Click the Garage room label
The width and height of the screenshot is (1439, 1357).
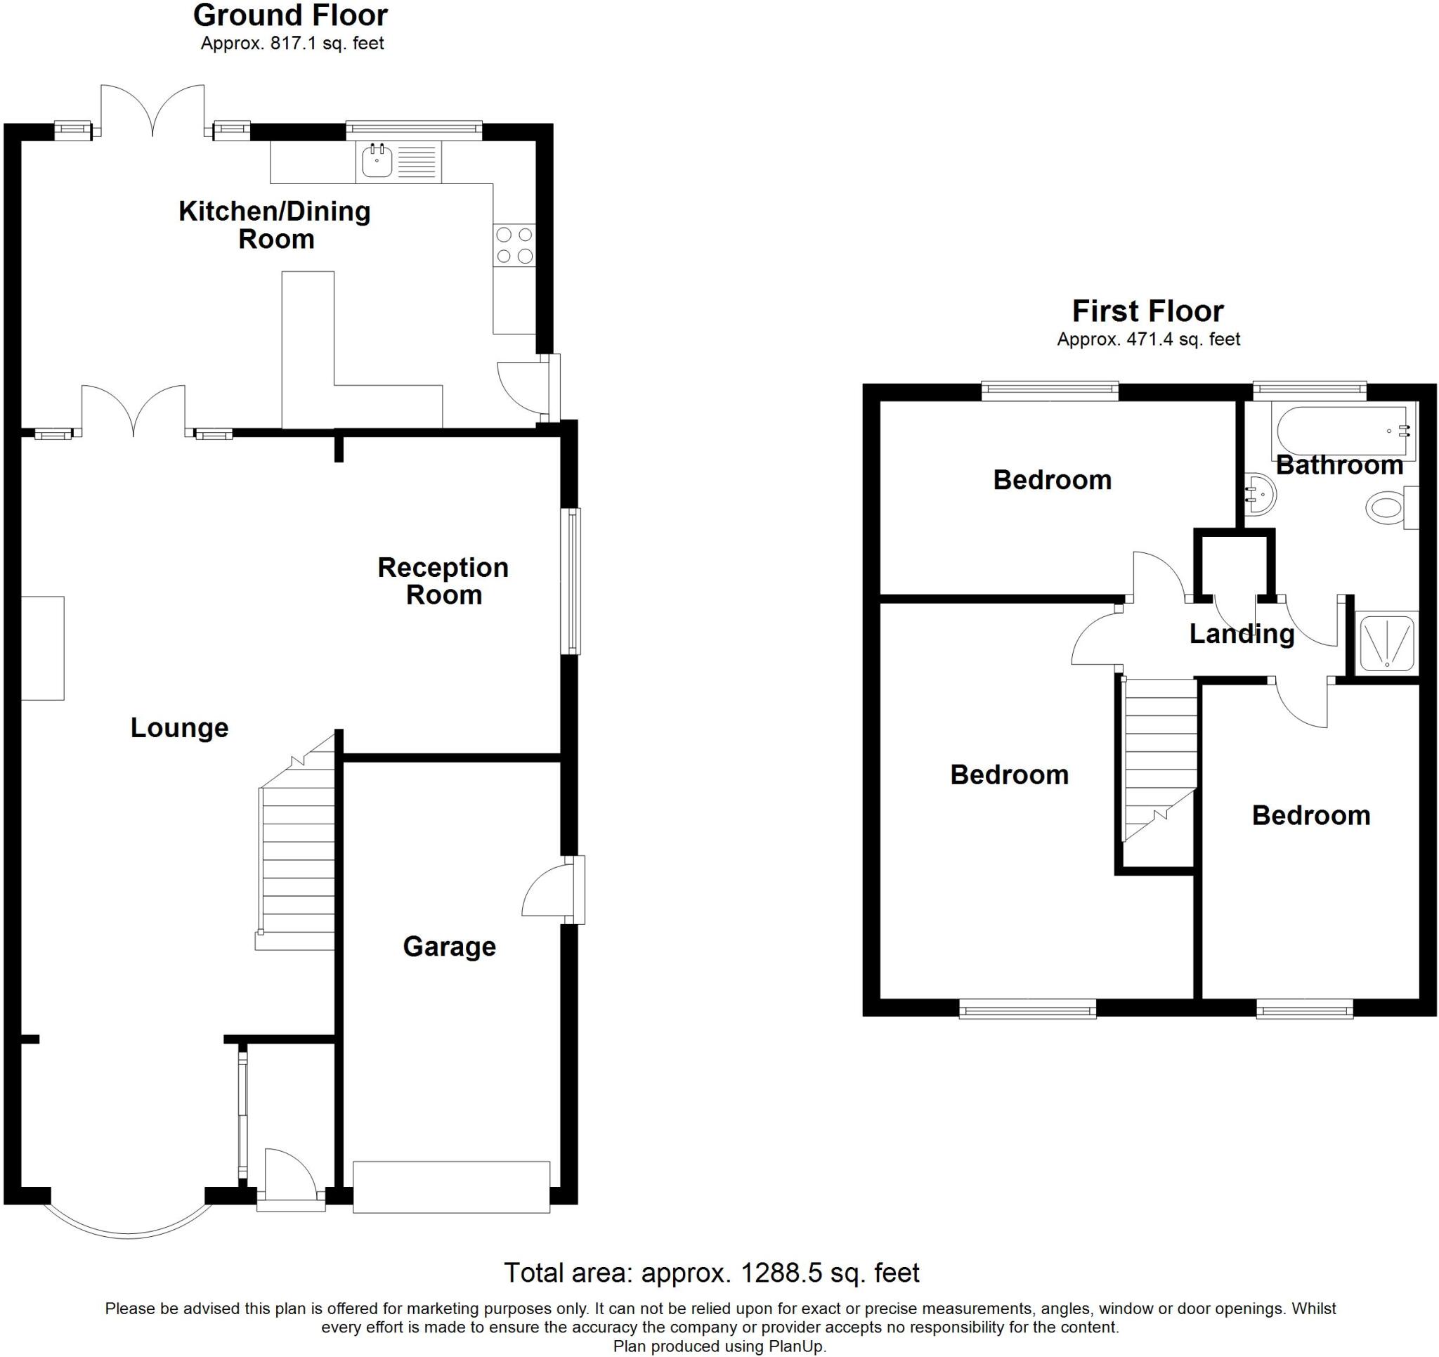point(449,947)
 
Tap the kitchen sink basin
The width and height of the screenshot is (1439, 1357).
point(377,161)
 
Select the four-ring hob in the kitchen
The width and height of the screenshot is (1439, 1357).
point(514,245)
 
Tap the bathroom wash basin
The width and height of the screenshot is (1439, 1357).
point(1261,494)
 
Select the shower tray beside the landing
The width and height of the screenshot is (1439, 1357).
point(1386,642)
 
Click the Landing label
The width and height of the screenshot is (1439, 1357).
point(1242,634)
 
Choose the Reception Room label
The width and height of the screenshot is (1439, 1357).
point(443,580)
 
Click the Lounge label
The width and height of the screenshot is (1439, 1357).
point(179,728)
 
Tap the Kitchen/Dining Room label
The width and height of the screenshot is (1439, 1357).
point(274,224)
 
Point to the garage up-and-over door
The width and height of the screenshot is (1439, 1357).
point(451,1187)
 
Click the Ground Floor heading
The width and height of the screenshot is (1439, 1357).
point(290,16)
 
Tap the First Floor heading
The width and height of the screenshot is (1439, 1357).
point(1147,311)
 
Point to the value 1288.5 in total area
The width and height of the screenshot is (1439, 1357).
point(781,1272)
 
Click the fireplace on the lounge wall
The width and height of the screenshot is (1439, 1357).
point(43,648)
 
